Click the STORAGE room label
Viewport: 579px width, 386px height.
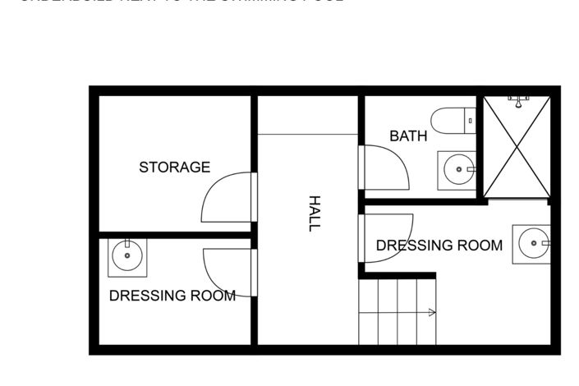(174, 168)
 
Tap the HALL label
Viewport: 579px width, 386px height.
(313, 213)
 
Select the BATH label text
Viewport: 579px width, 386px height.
(408, 136)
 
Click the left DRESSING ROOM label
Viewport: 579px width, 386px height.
(172, 296)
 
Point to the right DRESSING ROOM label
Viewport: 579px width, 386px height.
(439, 245)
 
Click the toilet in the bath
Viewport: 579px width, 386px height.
(451, 121)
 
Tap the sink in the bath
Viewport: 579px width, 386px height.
(457, 170)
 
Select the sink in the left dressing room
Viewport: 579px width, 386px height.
(128, 258)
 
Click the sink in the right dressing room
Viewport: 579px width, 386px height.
(532, 244)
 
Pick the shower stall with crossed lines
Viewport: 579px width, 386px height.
(517, 148)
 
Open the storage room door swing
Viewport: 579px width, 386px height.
(226, 197)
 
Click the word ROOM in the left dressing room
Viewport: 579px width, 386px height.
(213, 296)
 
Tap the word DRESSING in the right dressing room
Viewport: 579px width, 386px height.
(414, 245)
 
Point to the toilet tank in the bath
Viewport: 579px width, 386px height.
(471, 121)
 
